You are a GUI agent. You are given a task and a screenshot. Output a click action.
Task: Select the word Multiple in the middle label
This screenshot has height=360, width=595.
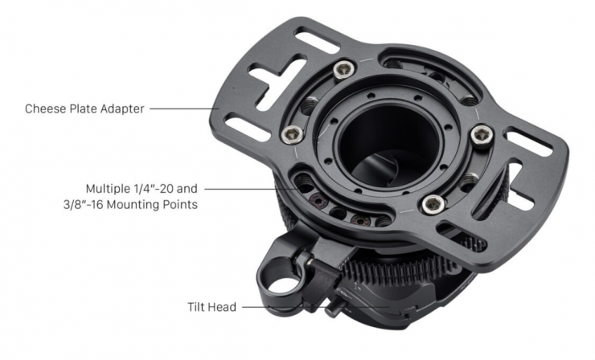coord(108,189)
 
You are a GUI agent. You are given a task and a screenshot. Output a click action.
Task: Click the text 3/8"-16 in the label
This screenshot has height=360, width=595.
coord(84,204)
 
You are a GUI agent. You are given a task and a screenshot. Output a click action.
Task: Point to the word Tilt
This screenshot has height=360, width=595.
coord(196,306)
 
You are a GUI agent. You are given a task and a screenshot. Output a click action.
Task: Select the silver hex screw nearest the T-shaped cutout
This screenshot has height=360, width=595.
coord(344,70)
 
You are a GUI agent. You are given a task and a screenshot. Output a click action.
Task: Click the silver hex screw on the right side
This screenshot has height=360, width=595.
coord(482,136)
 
